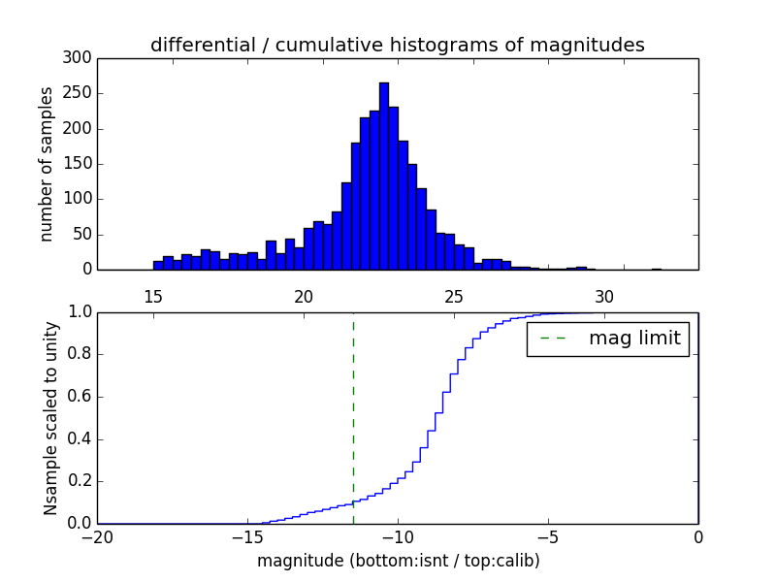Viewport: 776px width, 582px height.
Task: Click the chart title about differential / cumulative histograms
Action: [397, 45]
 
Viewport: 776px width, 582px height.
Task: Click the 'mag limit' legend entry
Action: [608, 339]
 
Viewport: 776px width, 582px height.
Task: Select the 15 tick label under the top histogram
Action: [153, 297]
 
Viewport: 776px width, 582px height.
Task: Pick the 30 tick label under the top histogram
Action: [604, 297]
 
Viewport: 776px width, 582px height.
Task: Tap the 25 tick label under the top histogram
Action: [454, 297]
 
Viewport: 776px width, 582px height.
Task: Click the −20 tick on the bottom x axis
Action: [97, 535]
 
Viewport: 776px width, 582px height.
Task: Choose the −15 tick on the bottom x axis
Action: [247, 535]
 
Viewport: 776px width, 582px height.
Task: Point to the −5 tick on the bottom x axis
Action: [548, 535]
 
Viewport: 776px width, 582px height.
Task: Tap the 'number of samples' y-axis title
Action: [47, 164]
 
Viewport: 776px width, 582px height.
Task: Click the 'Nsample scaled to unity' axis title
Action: [50, 418]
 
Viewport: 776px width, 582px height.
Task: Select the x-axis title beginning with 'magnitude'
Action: [398, 561]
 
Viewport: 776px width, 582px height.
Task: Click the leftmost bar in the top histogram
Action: [158, 265]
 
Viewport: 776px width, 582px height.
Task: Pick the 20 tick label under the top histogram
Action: [304, 297]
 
